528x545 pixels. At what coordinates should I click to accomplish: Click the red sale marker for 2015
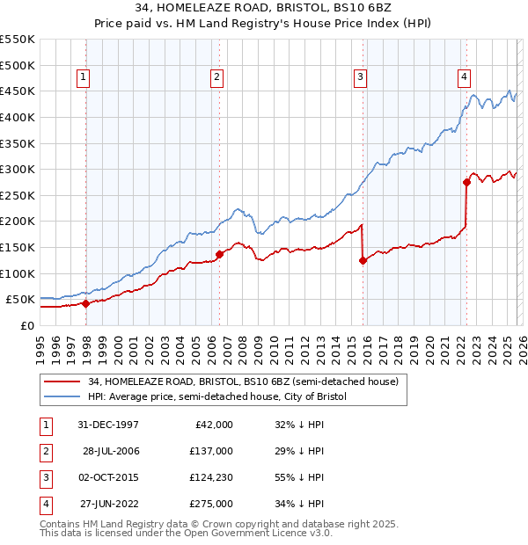point(363,260)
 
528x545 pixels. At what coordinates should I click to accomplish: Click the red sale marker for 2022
point(467,182)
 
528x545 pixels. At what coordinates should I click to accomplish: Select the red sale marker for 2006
point(219,254)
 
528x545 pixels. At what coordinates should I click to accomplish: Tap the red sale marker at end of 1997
point(85,303)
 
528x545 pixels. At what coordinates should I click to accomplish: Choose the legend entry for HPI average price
point(217,397)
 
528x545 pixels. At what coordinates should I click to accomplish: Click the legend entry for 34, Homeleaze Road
point(243,381)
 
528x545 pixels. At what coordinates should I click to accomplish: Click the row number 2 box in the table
point(44,452)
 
